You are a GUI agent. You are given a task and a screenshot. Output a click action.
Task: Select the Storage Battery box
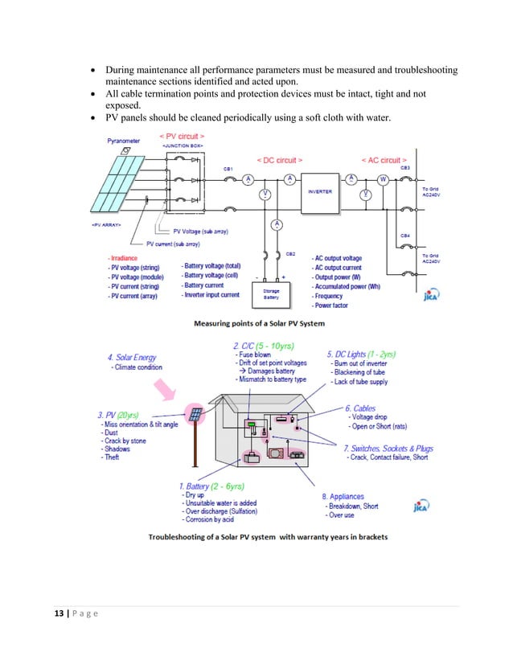(x=272, y=293)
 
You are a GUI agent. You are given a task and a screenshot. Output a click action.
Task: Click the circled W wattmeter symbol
(x=383, y=180)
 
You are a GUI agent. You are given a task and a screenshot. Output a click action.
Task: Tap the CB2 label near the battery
(x=290, y=253)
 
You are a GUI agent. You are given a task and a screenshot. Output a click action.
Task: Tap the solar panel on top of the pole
(x=195, y=415)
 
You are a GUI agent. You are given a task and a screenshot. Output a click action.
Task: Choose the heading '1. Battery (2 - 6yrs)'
(x=211, y=486)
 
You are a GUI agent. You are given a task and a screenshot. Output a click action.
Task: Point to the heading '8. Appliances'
(x=343, y=497)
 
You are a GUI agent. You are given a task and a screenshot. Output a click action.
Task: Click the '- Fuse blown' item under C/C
(x=253, y=354)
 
